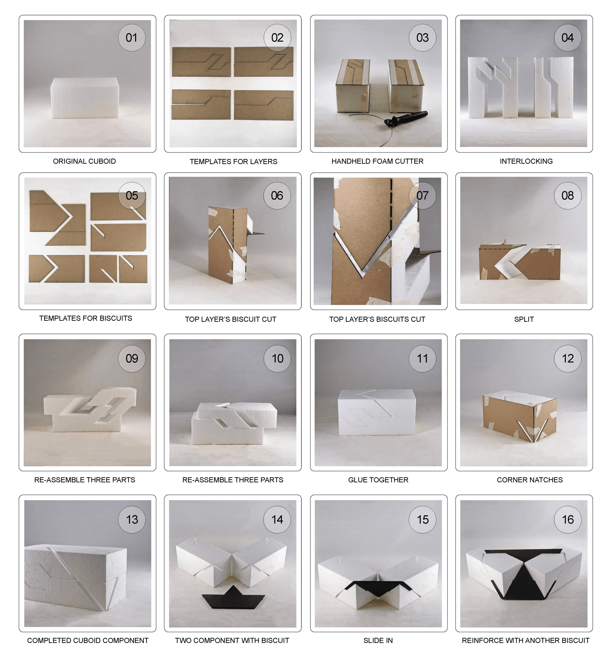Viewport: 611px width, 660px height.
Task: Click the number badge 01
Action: coord(132,38)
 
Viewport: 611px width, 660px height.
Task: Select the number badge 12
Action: coord(568,359)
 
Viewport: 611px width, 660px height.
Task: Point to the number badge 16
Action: coord(568,519)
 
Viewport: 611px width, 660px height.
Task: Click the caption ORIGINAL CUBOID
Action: coord(84,161)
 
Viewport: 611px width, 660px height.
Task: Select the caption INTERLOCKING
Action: coord(526,161)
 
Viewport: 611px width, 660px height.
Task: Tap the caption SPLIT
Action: coord(524,319)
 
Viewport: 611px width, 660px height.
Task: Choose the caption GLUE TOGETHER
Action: coord(378,480)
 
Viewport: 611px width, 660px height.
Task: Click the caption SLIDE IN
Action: coord(378,641)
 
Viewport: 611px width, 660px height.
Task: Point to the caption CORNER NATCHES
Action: coord(530,480)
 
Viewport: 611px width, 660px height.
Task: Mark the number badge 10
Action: coord(277,359)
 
